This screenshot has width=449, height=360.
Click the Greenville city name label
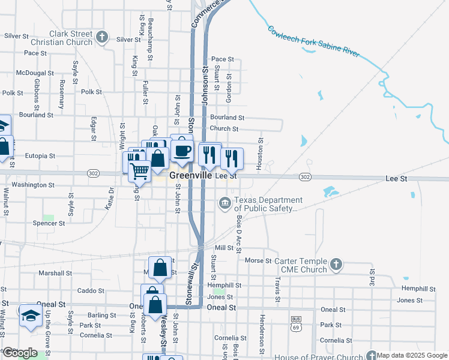coord(191,176)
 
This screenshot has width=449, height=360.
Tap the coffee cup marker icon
coord(182,150)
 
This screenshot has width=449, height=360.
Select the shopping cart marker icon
coord(140,170)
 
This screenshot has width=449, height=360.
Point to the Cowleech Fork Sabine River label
coord(313,41)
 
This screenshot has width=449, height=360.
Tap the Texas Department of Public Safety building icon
coord(225,204)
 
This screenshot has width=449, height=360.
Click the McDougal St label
coord(35,73)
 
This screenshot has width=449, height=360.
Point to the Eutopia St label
coord(40,155)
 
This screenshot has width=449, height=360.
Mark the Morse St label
coord(259,261)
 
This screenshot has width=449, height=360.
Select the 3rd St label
coord(371,279)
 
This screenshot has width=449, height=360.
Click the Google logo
coord(21,353)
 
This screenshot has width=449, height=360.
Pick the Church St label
coord(224,128)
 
